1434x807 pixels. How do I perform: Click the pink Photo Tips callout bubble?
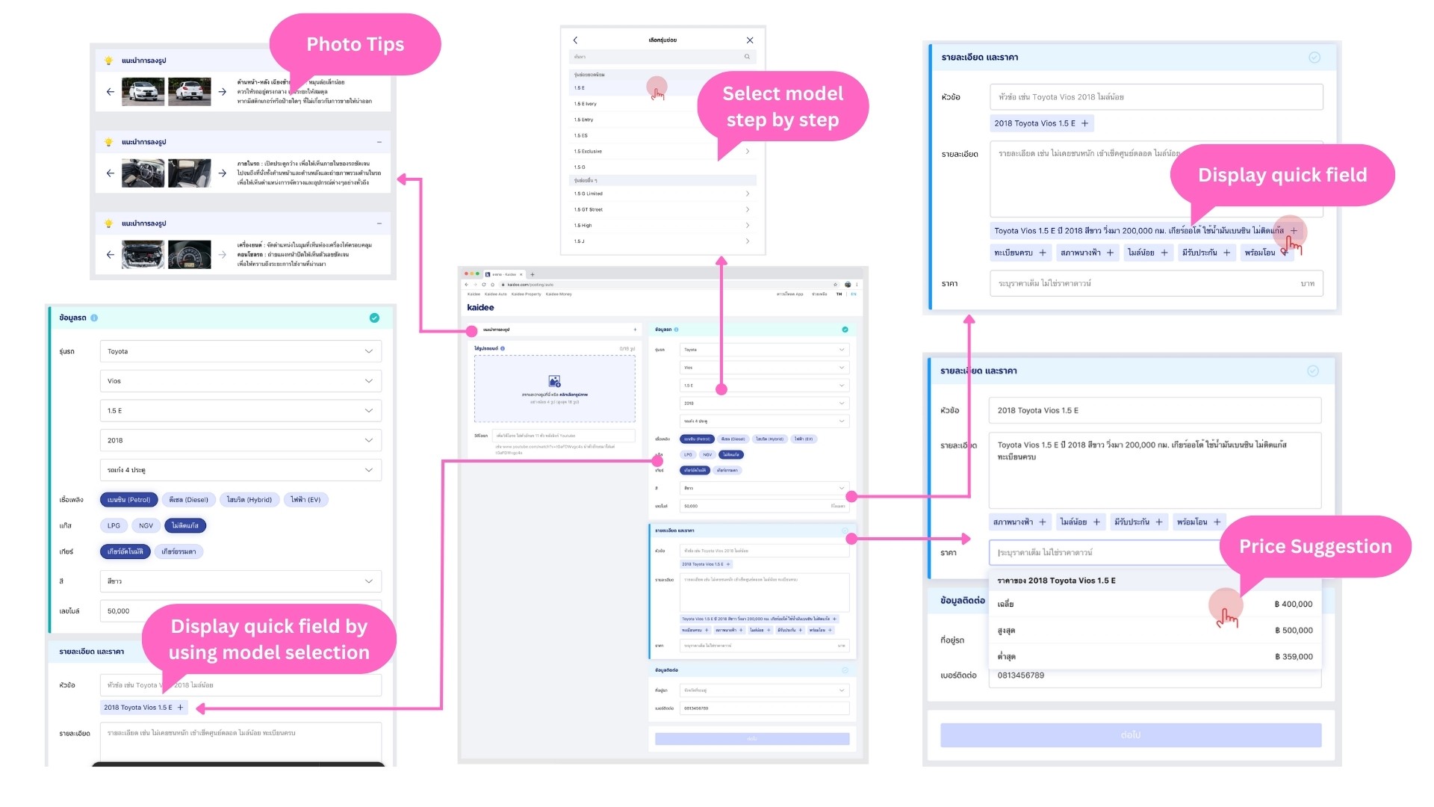coord(355,45)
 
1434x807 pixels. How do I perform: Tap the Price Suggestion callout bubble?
coord(1314,546)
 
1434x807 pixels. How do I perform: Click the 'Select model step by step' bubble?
coord(782,106)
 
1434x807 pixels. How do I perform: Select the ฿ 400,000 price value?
coord(1293,605)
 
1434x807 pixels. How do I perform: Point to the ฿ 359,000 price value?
coord(1293,657)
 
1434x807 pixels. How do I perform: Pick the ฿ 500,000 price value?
coord(1293,631)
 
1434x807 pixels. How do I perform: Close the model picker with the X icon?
coord(750,40)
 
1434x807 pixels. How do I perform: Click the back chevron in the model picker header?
coord(575,40)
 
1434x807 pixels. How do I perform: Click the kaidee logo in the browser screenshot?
coord(480,307)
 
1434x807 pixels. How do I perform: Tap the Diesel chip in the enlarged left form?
coord(188,500)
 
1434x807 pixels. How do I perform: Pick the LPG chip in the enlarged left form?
coord(114,526)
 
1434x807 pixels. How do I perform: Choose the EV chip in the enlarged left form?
coord(305,500)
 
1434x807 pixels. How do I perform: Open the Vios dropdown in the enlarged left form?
coord(240,381)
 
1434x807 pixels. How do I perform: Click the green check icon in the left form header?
coord(374,318)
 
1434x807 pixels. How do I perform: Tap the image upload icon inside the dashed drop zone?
coord(554,381)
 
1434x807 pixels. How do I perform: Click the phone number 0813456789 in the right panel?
coord(1020,675)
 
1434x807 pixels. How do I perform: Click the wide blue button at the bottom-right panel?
coord(1130,735)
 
